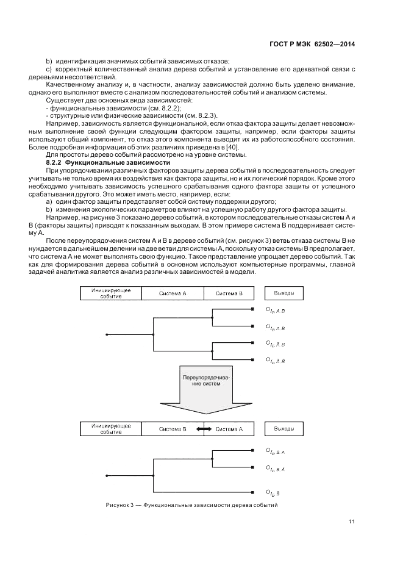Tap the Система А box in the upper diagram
coord(173,293)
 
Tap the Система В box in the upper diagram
coord(229,293)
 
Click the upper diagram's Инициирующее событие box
coord(110,293)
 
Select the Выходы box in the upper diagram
coord(284,293)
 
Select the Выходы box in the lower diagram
coord(284,429)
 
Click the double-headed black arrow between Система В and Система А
coord(204,429)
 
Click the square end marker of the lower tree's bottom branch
coord(253,491)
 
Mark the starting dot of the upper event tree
coord(107,335)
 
